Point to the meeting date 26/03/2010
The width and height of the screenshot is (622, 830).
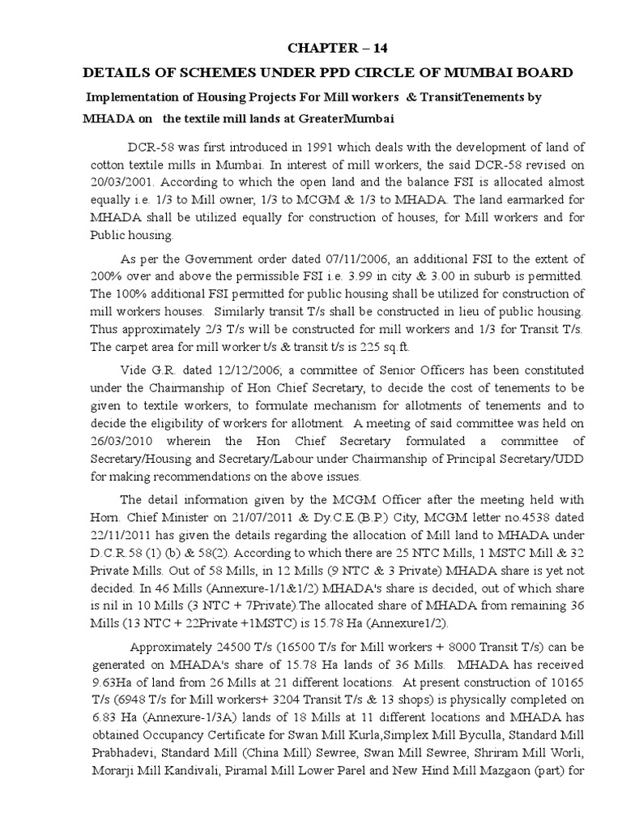tap(119, 442)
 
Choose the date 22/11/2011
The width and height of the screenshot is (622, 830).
tap(120, 534)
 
